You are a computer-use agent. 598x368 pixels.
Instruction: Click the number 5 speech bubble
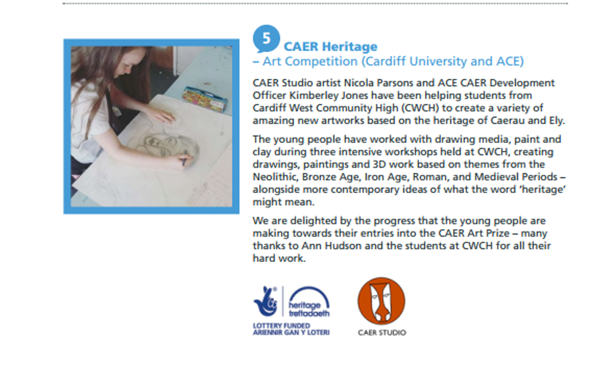[266, 39]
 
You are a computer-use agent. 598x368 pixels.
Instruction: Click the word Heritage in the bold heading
[349, 47]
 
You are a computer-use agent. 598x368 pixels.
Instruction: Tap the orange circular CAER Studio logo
[382, 301]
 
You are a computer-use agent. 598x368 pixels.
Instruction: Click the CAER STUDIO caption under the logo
[382, 333]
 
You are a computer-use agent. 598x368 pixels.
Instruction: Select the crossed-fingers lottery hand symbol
[266, 301]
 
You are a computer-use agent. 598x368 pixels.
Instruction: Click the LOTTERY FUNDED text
[281, 326]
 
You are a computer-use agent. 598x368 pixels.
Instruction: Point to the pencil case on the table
[205, 99]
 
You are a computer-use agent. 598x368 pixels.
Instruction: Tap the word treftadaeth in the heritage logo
[309, 313]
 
